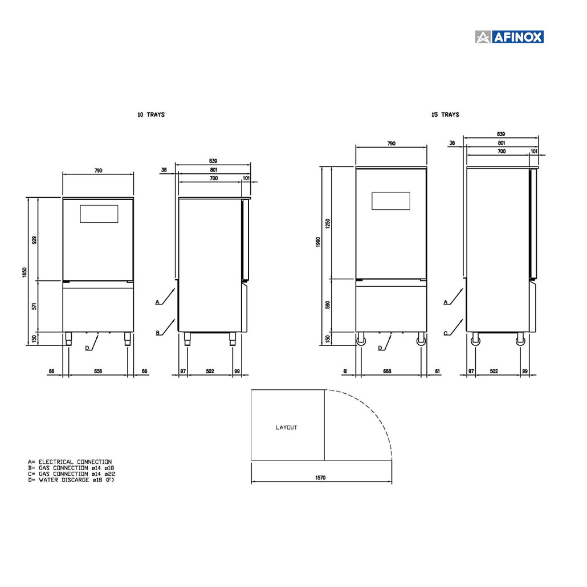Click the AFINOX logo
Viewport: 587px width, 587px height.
(509, 37)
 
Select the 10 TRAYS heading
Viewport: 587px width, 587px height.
(151, 115)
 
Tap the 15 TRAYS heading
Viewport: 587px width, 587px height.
(445, 115)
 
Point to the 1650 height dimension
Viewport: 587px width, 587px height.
(25, 272)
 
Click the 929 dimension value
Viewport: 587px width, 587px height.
(34, 240)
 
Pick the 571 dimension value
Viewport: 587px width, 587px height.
(34, 306)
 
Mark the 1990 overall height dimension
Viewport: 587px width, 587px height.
(318, 242)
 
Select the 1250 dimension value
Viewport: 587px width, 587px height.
(328, 224)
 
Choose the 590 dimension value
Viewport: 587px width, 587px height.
(328, 305)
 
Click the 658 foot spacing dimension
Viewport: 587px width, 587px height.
(97, 371)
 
